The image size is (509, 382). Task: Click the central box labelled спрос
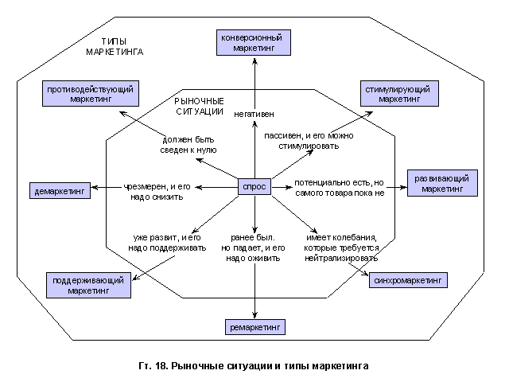point(254,188)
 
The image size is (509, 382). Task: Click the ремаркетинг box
point(254,327)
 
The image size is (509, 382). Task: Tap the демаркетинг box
point(60,191)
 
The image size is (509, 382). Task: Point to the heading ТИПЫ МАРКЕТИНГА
point(115,45)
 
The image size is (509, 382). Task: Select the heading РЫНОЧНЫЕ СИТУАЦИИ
point(199,107)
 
